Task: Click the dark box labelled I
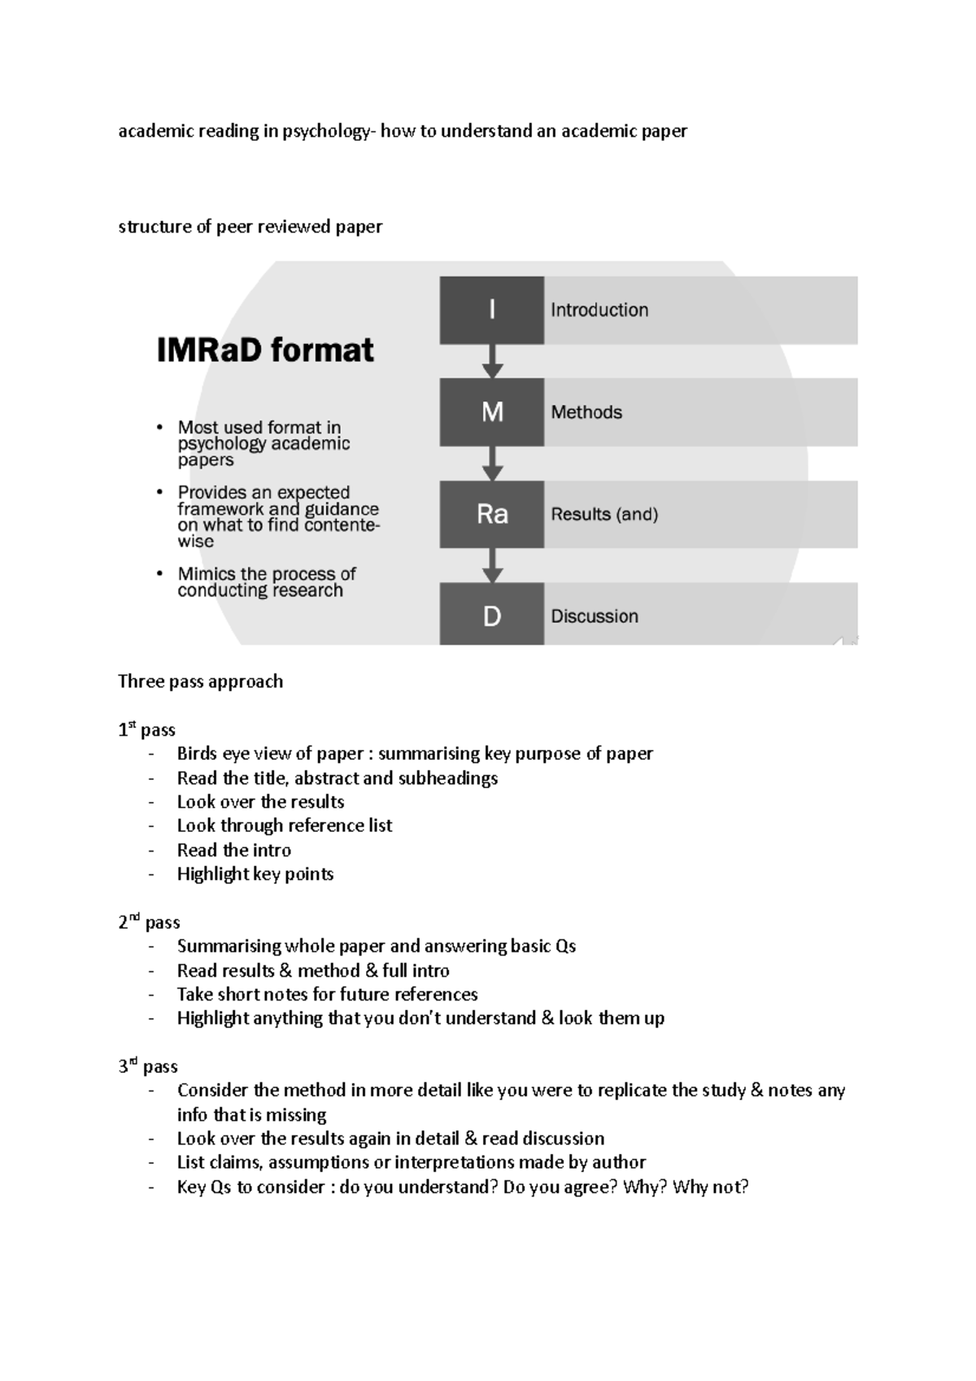point(491,310)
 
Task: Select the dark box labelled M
point(491,412)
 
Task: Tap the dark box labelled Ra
point(491,514)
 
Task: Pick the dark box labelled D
point(491,615)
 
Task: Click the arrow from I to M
point(492,360)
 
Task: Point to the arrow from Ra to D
point(492,564)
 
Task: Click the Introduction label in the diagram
point(599,310)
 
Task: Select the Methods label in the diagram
point(586,412)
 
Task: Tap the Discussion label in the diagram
point(595,616)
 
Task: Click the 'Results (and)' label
point(604,514)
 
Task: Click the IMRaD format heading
point(265,351)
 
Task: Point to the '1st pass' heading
point(147,730)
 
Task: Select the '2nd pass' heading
point(149,922)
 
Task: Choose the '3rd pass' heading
point(148,1066)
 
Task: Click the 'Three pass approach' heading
point(201,682)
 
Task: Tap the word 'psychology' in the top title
point(325,132)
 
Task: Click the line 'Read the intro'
point(234,850)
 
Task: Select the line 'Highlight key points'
point(255,874)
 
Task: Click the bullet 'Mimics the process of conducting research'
point(267,582)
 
